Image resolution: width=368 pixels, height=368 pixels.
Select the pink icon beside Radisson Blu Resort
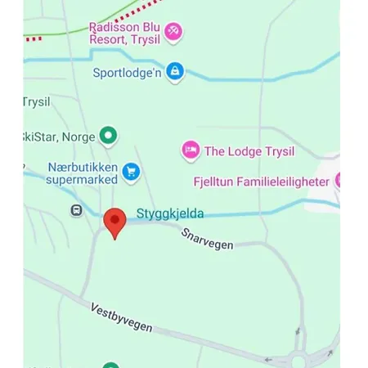pyautogui.click(x=173, y=32)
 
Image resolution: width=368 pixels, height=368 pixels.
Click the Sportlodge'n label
pyautogui.click(x=127, y=72)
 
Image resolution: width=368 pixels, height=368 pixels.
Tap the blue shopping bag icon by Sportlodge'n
pyautogui.click(x=174, y=72)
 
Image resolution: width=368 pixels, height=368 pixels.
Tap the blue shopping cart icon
pyautogui.click(x=131, y=172)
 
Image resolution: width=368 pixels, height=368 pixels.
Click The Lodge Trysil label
pyautogui.click(x=249, y=150)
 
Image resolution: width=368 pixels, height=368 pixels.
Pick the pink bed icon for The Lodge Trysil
pyautogui.click(x=191, y=150)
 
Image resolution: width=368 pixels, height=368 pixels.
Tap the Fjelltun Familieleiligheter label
pyautogui.click(x=261, y=182)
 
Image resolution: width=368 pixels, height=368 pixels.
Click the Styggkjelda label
pyautogui.click(x=169, y=214)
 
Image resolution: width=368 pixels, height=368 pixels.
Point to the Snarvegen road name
pyautogui.click(x=208, y=238)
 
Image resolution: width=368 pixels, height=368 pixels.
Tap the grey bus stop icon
pyautogui.click(x=76, y=210)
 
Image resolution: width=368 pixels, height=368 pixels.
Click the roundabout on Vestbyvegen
pyautogui.click(x=299, y=358)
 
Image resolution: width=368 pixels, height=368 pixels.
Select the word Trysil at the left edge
pyautogui.click(x=37, y=102)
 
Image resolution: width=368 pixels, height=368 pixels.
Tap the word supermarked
pyautogui.click(x=82, y=179)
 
